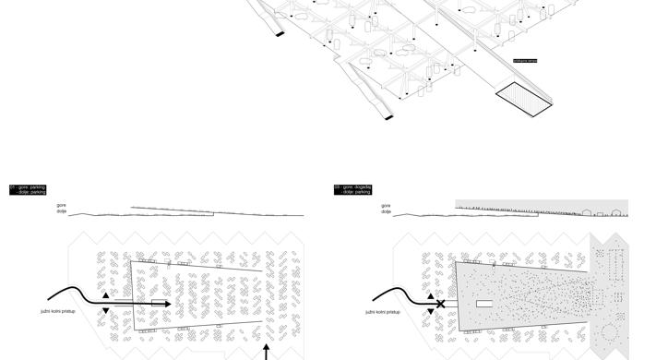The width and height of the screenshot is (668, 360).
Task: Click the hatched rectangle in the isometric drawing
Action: pyautogui.click(x=522, y=100)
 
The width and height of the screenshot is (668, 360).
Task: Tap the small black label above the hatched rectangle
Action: pyautogui.click(x=525, y=61)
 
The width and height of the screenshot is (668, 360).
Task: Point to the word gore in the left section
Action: pyautogui.click(x=61, y=205)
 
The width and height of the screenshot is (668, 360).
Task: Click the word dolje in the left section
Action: pyautogui.click(x=61, y=211)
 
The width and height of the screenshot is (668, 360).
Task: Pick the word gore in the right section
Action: pyautogui.click(x=386, y=205)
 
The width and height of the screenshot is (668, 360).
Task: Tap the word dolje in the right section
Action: pyautogui.click(x=386, y=211)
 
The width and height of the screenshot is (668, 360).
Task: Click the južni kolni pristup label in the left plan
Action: pyautogui.click(x=58, y=312)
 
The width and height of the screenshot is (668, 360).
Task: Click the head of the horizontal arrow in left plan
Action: pyautogui.click(x=166, y=303)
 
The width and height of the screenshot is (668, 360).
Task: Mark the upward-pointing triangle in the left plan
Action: pyautogui.click(x=105, y=296)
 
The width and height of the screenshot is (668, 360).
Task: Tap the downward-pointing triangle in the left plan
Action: pyautogui.click(x=105, y=310)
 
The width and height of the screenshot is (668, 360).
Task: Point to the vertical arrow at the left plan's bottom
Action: pyautogui.click(x=267, y=353)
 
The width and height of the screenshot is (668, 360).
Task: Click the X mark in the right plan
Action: pyautogui.click(x=441, y=304)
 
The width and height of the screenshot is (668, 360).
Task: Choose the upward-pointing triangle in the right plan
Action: pyautogui.click(x=430, y=296)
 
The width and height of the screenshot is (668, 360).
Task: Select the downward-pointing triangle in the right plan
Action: pyautogui.click(x=430, y=311)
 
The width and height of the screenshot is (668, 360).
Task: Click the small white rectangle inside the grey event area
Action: pyautogui.click(x=484, y=303)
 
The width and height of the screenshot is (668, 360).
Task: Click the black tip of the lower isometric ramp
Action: pyautogui.click(x=388, y=116)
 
